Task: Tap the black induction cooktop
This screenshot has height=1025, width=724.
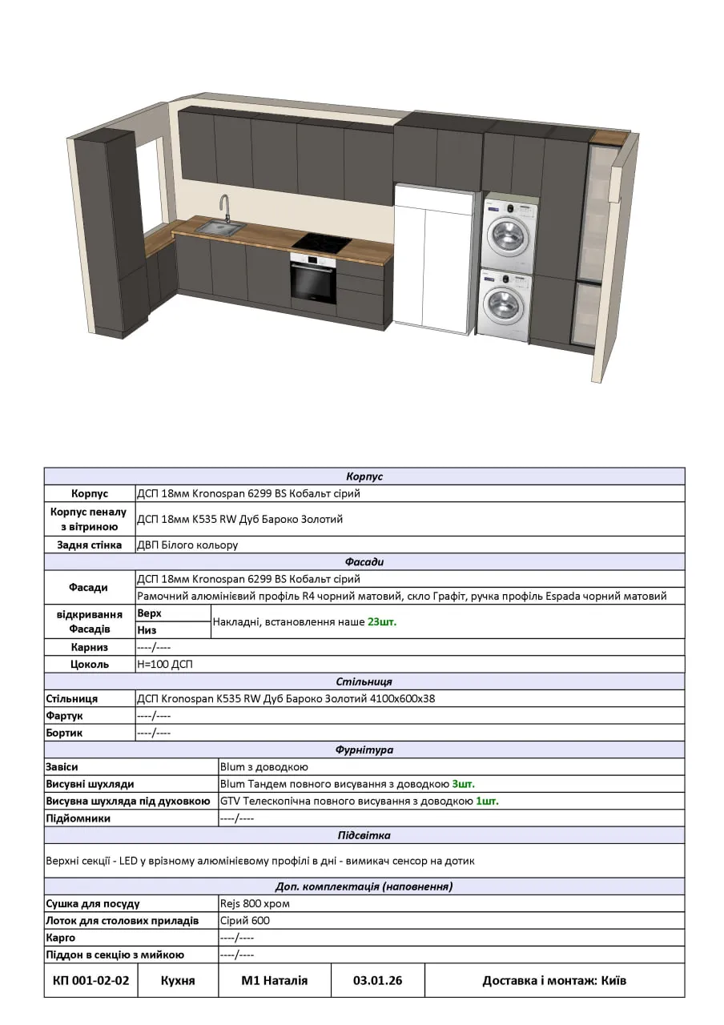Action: (x=322, y=242)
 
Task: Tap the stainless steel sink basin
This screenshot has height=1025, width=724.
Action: (x=219, y=229)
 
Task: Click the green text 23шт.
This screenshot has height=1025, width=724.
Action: (x=382, y=621)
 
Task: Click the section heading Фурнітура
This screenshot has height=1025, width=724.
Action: (x=364, y=750)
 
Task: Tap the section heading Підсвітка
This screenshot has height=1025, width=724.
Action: (x=364, y=835)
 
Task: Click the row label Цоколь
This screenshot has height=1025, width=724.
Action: (x=89, y=664)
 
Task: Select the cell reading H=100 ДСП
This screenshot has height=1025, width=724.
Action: (x=165, y=664)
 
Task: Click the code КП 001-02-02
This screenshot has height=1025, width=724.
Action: (x=90, y=980)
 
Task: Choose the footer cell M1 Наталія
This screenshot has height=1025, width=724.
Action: (x=275, y=980)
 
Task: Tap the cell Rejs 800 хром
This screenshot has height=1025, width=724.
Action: (x=255, y=903)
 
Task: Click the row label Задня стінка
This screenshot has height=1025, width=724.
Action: (x=89, y=545)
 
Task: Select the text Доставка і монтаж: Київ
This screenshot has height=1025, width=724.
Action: (x=554, y=980)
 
